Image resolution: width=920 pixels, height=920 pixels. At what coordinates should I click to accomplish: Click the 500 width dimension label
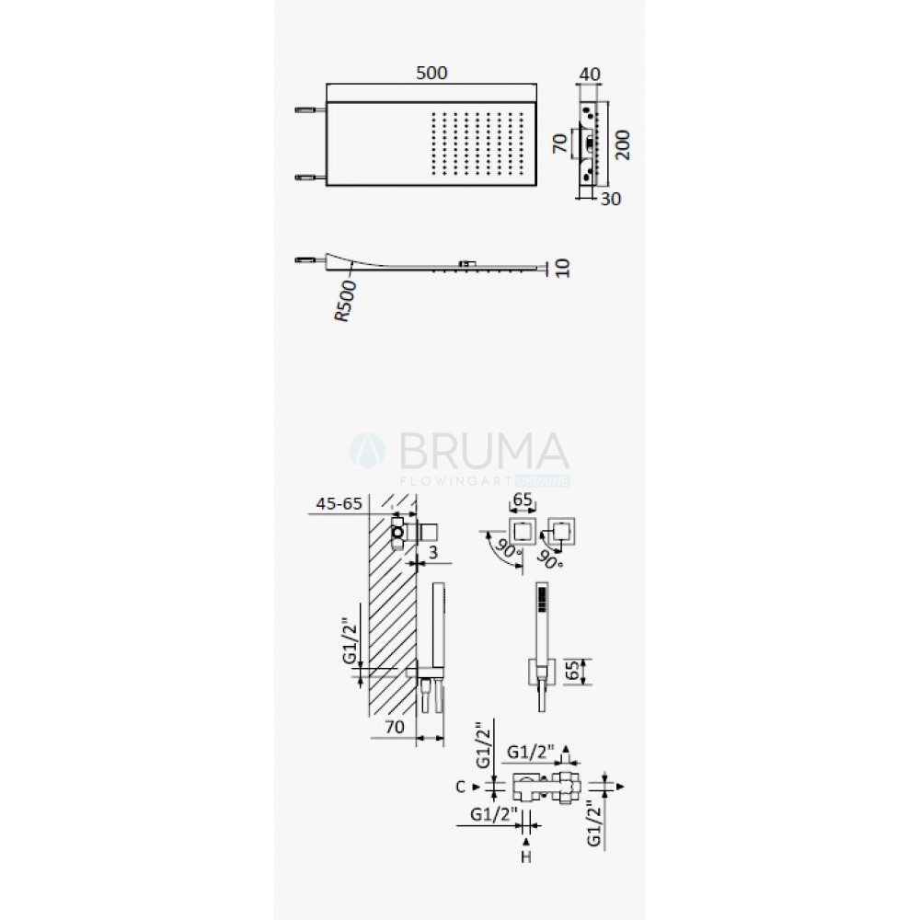(x=431, y=74)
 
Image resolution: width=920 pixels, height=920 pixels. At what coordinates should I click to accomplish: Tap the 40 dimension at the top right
(x=590, y=75)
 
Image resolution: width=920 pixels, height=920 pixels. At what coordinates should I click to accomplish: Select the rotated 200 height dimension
(x=623, y=144)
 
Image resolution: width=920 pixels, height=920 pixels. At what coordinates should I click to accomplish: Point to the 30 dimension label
(x=611, y=200)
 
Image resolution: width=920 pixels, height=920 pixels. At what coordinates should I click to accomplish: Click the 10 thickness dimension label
(x=562, y=268)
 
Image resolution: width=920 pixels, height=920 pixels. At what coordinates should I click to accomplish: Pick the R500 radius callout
(x=345, y=301)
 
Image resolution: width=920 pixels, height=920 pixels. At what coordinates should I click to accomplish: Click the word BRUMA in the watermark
(x=485, y=451)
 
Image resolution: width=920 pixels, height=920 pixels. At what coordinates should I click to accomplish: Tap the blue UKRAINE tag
(x=543, y=481)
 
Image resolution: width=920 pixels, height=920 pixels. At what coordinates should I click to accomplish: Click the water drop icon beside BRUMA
(x=368, y=451)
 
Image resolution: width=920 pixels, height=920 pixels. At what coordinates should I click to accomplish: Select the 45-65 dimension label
(x=339, y=503)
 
